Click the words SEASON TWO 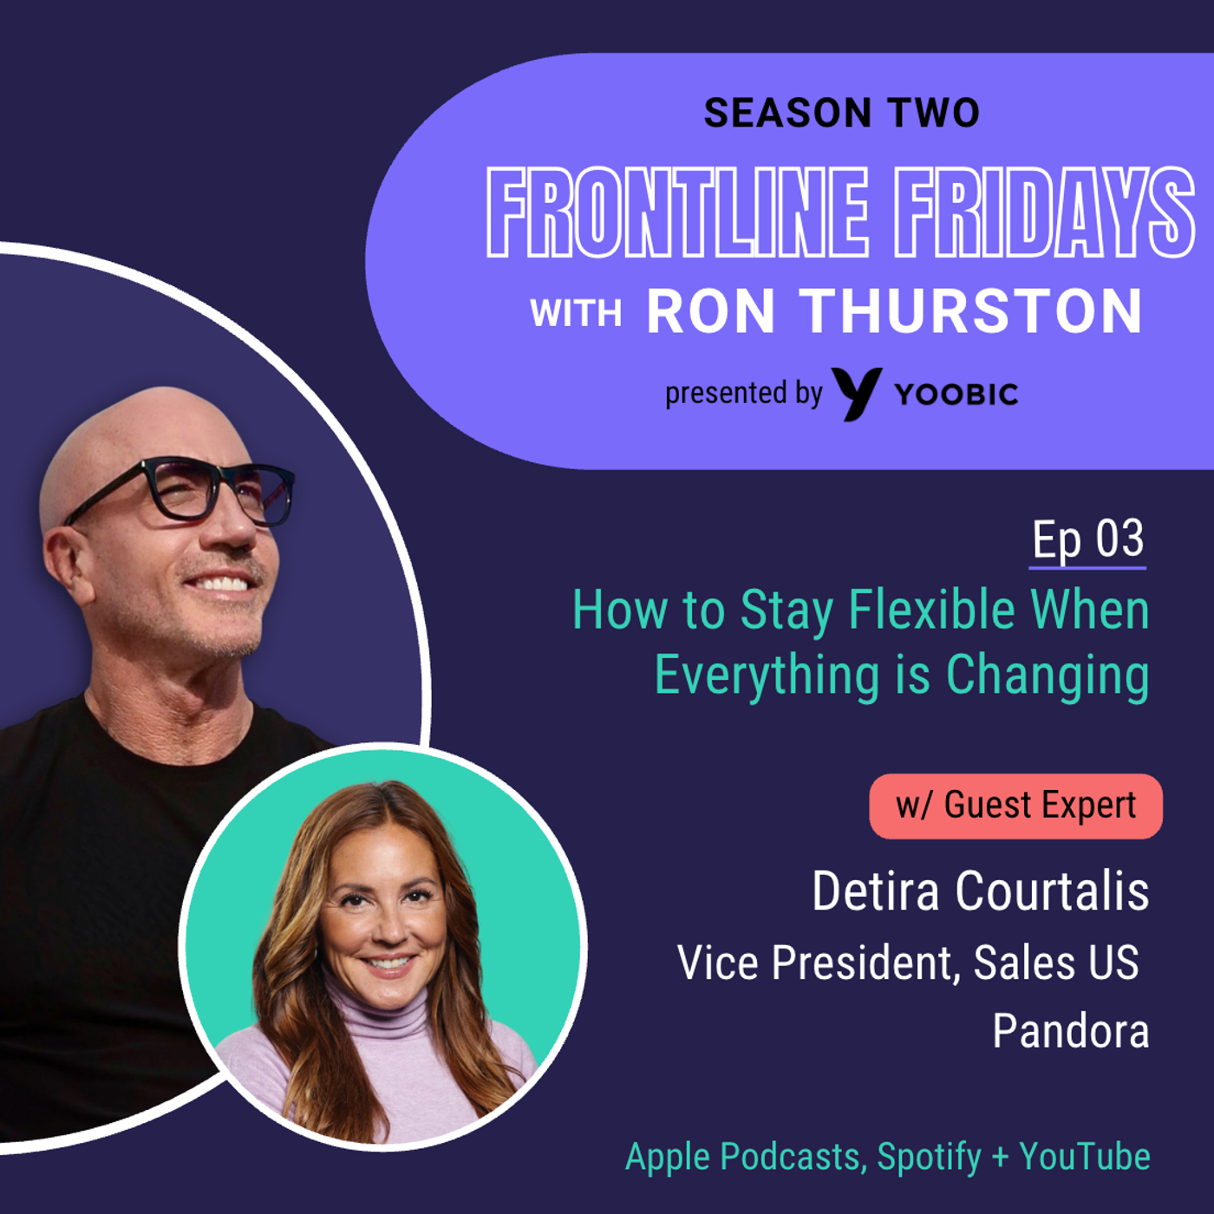[841, 114]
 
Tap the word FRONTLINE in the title [677, 212]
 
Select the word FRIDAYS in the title [1044, 212]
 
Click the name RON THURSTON [895, 311]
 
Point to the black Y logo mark [856, 394]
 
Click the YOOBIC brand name [956, 395]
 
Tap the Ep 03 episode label [1087, 539]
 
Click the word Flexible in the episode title [931, 610]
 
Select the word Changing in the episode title [1048, 676]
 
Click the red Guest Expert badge [1015, 806]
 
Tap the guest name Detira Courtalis [980, 891]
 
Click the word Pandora [1071, 1031]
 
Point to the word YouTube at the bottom [1085, 1157]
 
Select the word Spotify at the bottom [929, 1157]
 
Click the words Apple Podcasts [743, 1157]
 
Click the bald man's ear [68, 564]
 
